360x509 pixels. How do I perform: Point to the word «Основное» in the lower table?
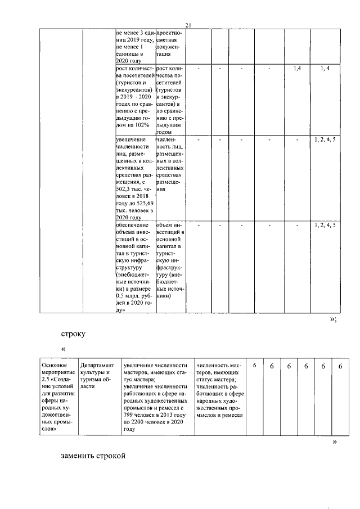[55, 365]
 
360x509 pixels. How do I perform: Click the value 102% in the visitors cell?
[144, 126]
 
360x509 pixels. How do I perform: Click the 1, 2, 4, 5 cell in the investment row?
[326, 226]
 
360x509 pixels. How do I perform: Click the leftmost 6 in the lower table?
[254, 366]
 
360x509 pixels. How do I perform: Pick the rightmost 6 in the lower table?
[340, 366]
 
